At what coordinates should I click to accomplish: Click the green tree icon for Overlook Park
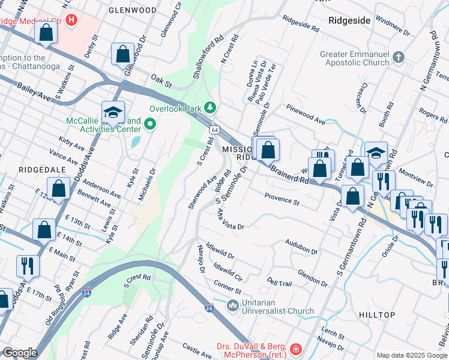pyautogui.click(x=210, y=108)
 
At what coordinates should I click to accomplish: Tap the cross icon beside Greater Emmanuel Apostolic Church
pyautogui.click(x=399, y=58)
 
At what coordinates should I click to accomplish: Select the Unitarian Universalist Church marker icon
pyautogui.click(x=233, y=306)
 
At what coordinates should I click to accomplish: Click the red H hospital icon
pyautogui.click(x=72, y=21)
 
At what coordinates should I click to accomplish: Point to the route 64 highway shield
pyautogui.click(x=214, y=129)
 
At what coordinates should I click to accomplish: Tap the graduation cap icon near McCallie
pyautogui.click(x=113, y=112)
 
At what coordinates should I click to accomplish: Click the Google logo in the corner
pyautogui.click(x=20, y=353)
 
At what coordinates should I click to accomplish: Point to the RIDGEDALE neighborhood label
pyautogui.click(x=38, y=170)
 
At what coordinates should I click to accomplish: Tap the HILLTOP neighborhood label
pyautogui.click(x=377, y=315)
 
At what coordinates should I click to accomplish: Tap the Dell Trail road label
pyautogui.click(x=279, y=282)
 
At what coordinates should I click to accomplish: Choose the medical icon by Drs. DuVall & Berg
pyautogui.click(x=295, y=349)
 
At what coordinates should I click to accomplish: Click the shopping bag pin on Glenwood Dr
pyautogui.click(x=122, y=53)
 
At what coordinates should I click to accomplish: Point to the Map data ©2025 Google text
pyautogui.click(x=412, y=355)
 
